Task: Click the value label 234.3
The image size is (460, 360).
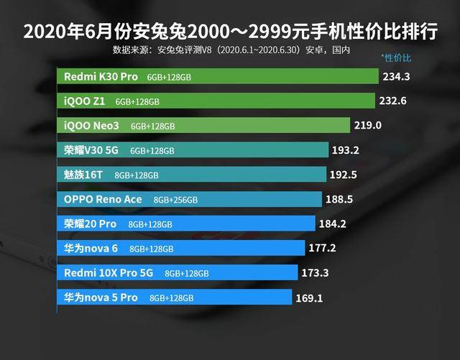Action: pyautogui.click(x=396, y=77)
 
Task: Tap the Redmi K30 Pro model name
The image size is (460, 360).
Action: pyautogui.click(x=101, y=77)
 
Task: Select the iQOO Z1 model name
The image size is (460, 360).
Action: pyautogui.click(x=85, y=101)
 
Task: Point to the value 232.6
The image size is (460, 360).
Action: pyautogui.click(x=393, y=101)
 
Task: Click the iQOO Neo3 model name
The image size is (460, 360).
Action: pyautogui.click(x=91, y=126)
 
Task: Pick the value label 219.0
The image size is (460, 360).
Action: pyautogui.click(x=367, y=125)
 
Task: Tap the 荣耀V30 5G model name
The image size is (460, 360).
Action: pyautogui.click(x=91, y=150)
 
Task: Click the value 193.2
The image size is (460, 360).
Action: pyautogui.click(x=346, y=150)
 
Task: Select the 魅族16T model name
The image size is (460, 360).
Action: pyautogui.click(x=83, y=175)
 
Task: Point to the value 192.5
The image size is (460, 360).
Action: pyautogui.click(x=344, y=175)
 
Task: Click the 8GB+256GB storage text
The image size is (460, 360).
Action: pyautogui.click(x=175, y=200)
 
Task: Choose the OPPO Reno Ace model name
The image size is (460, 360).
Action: pyautogui.click(x=103, y=200)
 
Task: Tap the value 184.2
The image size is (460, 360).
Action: pyautogui.click(x=332, y=224)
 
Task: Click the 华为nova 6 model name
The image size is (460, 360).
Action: pyautogui.click(x=91, y=249)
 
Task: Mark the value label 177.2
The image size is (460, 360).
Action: pyautogui.click(x=323, y=248)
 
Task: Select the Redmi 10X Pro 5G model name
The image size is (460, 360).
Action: pyautogui.click(x=109, y=273)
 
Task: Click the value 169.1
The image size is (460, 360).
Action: pyautogui.click(x=309, y=298)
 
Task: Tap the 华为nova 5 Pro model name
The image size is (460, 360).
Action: pyautogui.click(x=101, y=297)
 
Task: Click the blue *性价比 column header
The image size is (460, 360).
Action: pyautogui.click(x=396, y=57)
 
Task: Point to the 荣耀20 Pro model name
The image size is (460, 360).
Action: pyautogui.click(x=91, y=224)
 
